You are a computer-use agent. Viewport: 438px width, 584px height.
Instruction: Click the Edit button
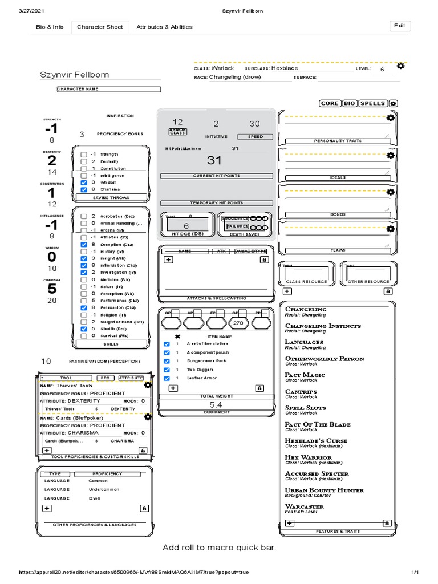pyautogui.click(x=400, y=26)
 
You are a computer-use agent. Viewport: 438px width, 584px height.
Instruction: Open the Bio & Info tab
pyautogui.click(x=50, y=27)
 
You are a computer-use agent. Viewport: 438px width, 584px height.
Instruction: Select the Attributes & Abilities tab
pyautogui.click(x=164, y=27)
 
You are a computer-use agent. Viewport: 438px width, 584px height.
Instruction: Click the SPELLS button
pyautogui.click(x=372, y=103)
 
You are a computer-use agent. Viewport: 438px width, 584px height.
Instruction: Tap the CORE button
pyautogui.click(x=330, y=103)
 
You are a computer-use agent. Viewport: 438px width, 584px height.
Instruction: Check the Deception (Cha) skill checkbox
pyautogui.click(x=84, y=245)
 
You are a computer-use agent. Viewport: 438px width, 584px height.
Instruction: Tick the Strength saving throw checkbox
pyautogui.click(x=84, y=155)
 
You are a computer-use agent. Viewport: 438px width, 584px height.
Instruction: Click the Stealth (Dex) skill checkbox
pyautogui.click(x=84, y=329)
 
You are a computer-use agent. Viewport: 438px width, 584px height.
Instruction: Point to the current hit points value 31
pyautogui.click(x=214, y=161)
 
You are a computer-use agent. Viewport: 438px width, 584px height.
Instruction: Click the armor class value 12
pyautogui.click(x=178, y=122)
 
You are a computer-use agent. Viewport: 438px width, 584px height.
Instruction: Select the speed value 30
pyautogui.click(x=254, y=124)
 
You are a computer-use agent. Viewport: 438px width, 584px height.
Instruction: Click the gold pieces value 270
pyautogui.click(x=238, y=323)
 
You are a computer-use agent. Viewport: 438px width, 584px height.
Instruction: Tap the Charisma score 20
pyautogui.click(x=52, y=301)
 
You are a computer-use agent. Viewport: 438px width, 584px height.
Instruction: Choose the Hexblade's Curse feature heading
pyautogui.click(x=316, y=441)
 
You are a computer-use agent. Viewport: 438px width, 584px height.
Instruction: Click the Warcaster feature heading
pyautogui.click(x=304, y=506)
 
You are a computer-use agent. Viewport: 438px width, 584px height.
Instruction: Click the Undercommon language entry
pyautogui.click(x=104, y=489)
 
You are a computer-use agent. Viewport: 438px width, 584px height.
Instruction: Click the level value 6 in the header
pyautogui.click(x=382, y=69)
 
